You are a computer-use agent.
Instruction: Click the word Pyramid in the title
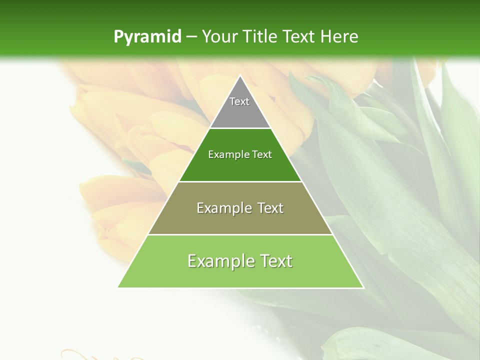pos(147,36)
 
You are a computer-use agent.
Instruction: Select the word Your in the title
pos(219,36)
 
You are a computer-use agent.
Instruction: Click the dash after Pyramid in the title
pos(191,37)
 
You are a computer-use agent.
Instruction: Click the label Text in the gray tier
pos(239,101)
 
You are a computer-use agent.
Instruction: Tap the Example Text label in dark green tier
pos(240,154)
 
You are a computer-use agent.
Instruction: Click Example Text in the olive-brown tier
pos(240,208)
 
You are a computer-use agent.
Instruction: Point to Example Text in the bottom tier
pos(240,261)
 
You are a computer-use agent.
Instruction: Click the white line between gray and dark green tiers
pos(240,128)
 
